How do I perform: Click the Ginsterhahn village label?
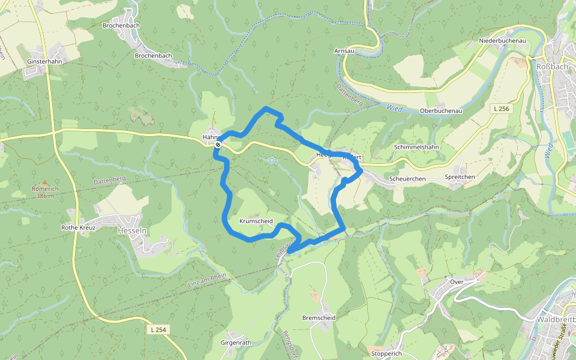[45, 62]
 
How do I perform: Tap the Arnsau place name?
[345, 52]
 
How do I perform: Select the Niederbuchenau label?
[502, 40]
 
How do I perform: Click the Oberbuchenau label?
[441, 111]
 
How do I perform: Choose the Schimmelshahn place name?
[417, 147]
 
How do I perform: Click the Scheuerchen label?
[407, 179]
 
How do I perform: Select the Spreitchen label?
[460, 177]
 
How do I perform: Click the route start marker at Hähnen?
[218, 145]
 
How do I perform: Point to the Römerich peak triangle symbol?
[44, 182]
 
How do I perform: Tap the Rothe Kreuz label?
[78, 228]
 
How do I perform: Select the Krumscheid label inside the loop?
[256, 221]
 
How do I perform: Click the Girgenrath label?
[236, 342]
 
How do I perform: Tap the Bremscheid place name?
[319, 317]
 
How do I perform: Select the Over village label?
[457, 281]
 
